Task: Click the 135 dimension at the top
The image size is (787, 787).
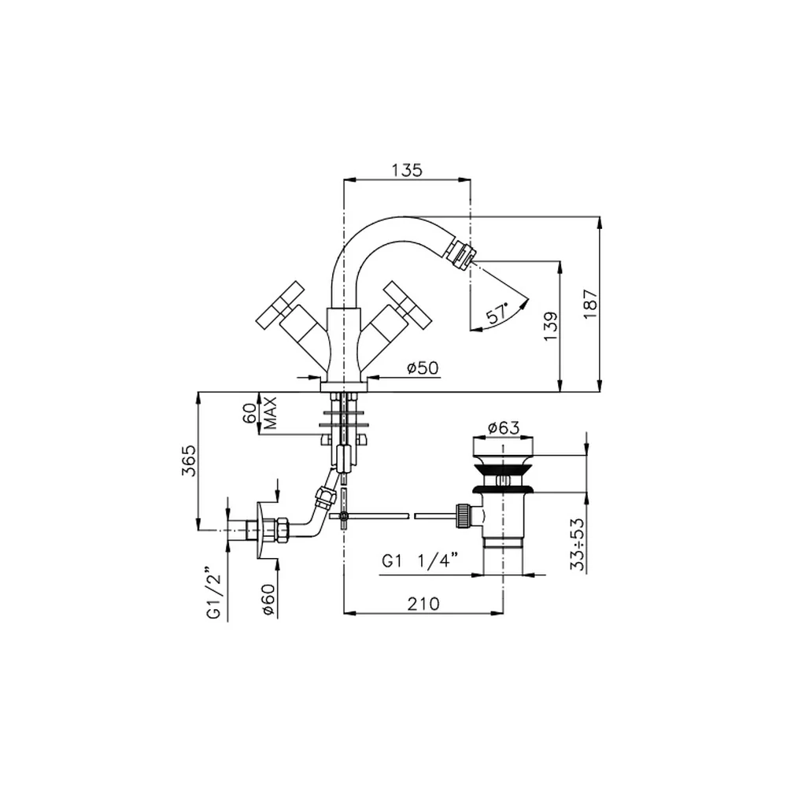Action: (407, 170)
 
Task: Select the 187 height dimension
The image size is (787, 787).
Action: (591, 303)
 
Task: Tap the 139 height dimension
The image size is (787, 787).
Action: (551, 327)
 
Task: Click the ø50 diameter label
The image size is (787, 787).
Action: (423, 368)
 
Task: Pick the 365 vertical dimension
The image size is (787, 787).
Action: (189, 460)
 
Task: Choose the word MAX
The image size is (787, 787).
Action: (270, 413)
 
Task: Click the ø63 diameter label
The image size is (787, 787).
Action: (504, 427)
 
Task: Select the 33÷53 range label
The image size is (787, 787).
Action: (578, 544)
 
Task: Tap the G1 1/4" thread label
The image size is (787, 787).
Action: (420, 560)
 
